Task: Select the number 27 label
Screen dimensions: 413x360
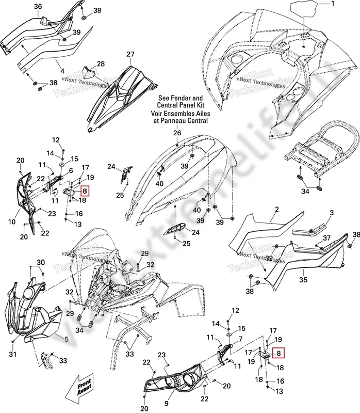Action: point(130,54)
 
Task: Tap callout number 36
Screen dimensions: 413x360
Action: point(38,6)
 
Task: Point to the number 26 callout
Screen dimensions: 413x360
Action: point(177,133)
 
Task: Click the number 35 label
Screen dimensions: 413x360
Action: point(303,280)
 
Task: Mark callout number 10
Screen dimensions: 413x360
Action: point(11,221)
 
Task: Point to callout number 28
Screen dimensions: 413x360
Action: point(101,64)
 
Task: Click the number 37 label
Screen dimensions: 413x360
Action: point(326,237)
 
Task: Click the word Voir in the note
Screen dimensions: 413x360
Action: point(158,113)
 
